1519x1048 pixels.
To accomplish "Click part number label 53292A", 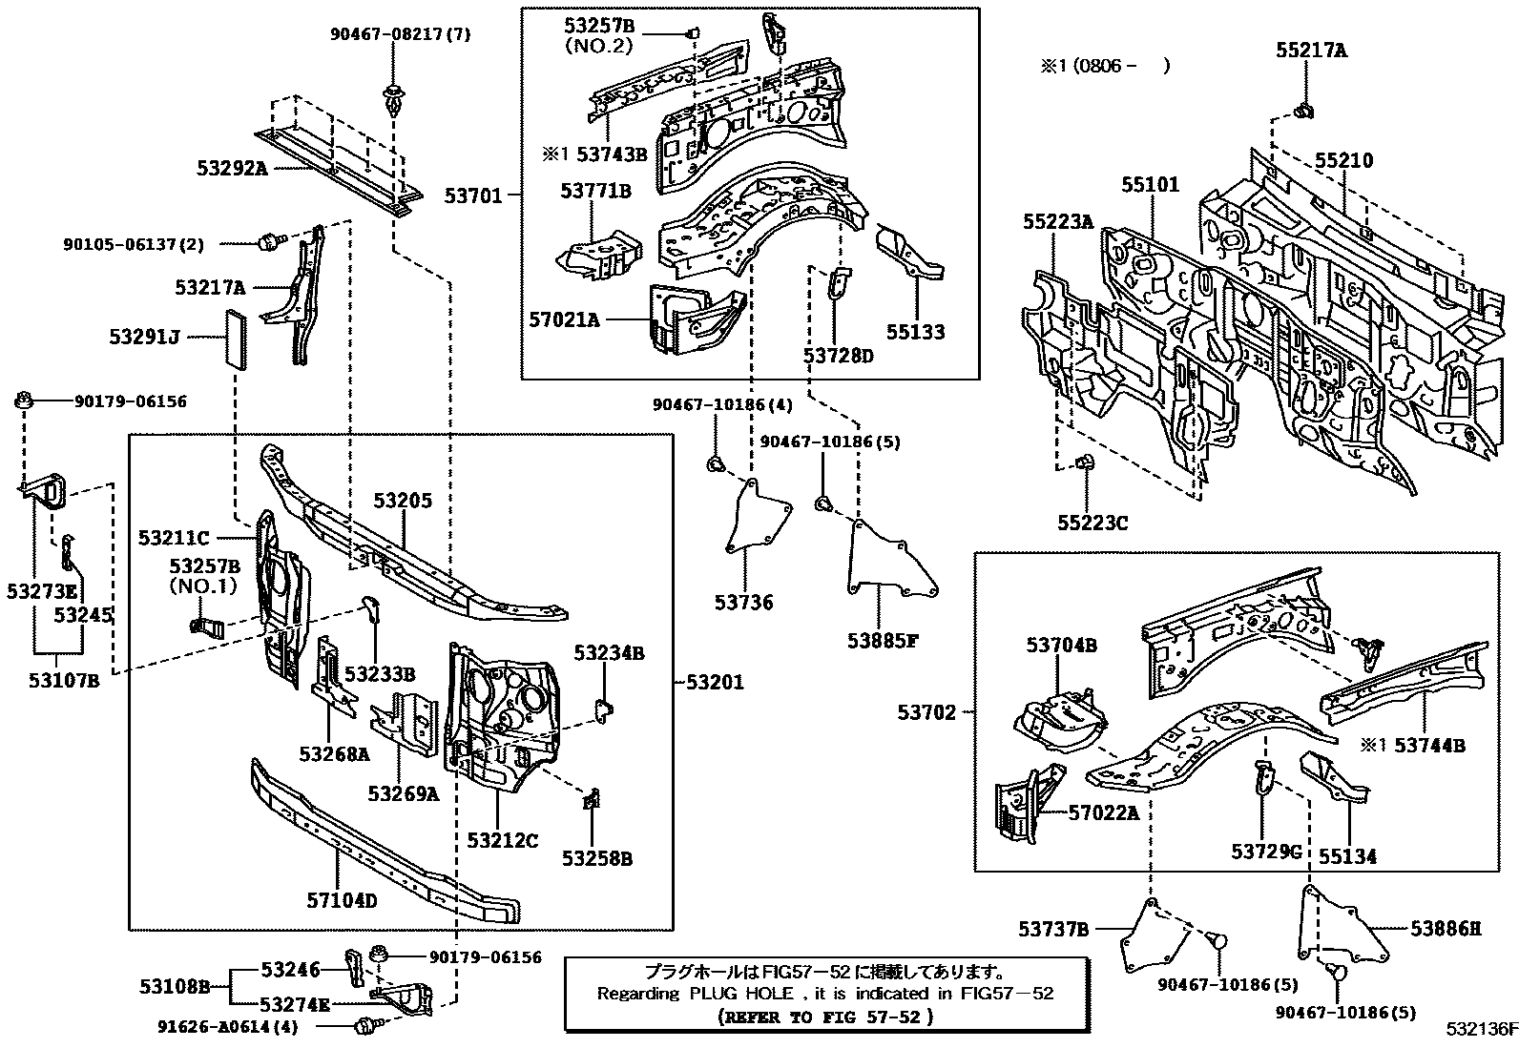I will coord(232,169).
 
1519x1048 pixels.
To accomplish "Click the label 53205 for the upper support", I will coord(402,501).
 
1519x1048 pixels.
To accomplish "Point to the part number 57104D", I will coord(342,898).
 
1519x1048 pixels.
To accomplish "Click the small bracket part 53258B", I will coord(592,800).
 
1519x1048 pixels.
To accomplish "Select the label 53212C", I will coord(502,840).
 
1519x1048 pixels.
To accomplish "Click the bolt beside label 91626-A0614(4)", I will coord(363,1027).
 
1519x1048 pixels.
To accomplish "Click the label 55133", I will coord(915,332).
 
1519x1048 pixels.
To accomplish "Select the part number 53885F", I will coord(882,640).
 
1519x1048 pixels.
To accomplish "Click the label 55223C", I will coord(1092,523).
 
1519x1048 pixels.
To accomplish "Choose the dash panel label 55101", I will coord(1150,184).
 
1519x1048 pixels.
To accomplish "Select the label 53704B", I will coord(1061,646).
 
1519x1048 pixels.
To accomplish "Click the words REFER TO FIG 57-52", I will coord(826,1017).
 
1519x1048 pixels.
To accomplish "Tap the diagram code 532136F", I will coord(1481,1030).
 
